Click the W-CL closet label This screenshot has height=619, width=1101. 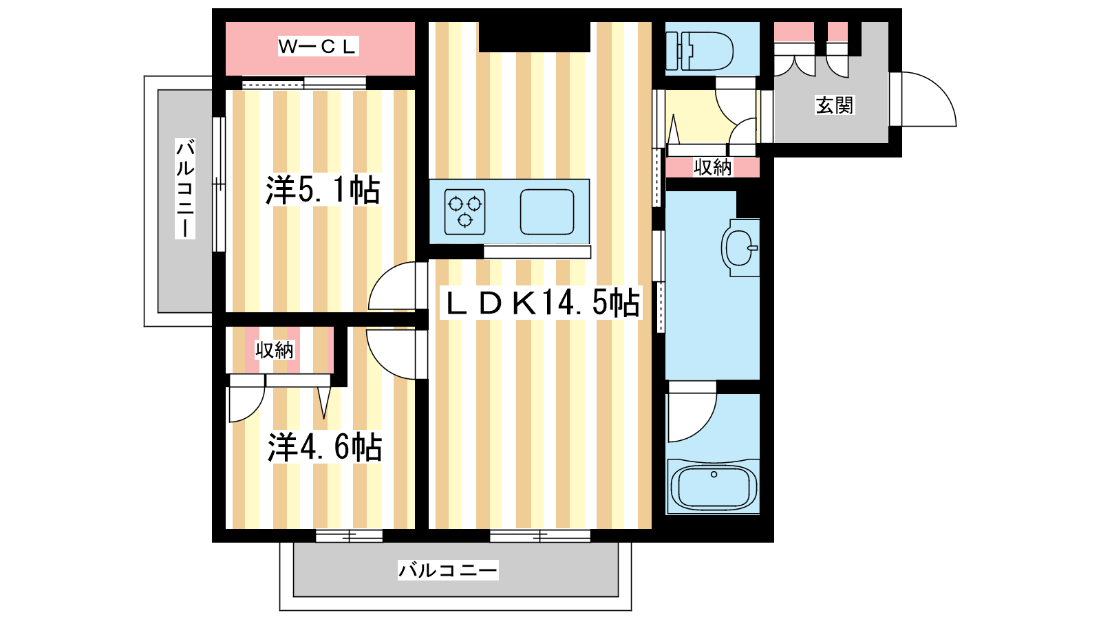[x=318, y=47]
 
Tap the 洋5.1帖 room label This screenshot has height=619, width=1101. [x=323, y=190]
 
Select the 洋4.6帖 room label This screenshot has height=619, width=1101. [x=325, y=447]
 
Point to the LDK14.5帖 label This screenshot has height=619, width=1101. [x=542, y=303]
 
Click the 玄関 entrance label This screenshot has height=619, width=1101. [x=834, y=105]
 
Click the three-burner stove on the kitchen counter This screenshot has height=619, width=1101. [x=464, y=211]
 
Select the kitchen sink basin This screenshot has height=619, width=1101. [x=547, y=212]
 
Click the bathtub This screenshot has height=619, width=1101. [x=714, y=487]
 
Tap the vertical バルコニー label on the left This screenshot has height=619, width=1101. [x=184, y=188]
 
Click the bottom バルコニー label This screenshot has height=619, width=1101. [x=447, y=570]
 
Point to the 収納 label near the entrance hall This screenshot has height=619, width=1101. [x=712, y=167]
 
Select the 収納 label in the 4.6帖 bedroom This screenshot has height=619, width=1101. [x=275, y=350]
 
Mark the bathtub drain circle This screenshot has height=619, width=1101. [x=714, y=475]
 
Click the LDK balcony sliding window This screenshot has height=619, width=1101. [x=540, y=536]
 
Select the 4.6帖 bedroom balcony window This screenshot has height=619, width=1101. [x=349, y=536]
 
